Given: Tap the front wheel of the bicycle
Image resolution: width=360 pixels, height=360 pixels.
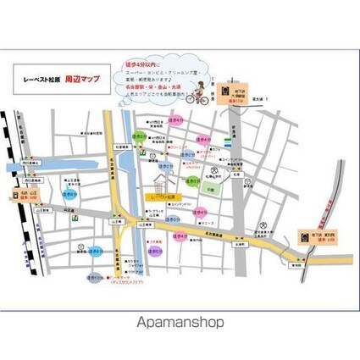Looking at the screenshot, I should click(204, 99).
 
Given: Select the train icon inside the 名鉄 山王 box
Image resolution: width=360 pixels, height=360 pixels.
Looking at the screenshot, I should click(14, 192).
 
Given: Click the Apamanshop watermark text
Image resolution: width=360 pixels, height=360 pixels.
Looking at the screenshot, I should click(180, 322).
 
